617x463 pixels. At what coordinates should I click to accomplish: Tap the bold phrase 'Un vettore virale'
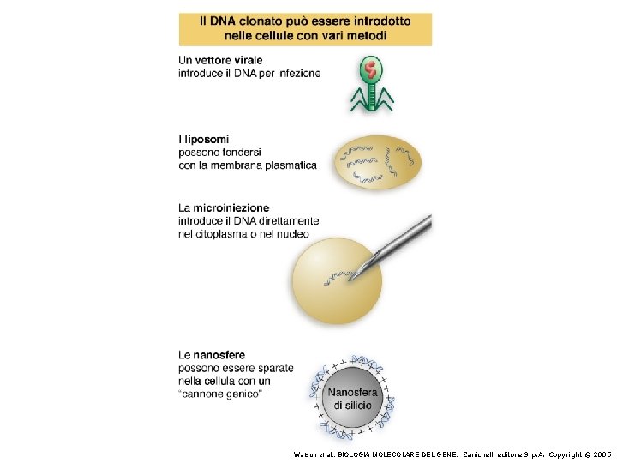click(220, 60)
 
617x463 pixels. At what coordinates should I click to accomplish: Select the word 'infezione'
click(297, 73)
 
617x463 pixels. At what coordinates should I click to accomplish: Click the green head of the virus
click(370, 69)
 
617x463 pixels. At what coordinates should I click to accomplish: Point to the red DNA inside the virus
click(370, 68)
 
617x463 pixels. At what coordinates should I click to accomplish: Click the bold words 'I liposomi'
click(203, 140)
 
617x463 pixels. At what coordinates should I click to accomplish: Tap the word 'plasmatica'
click(288, 165)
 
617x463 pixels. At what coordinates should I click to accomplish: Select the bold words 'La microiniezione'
click(224, 207)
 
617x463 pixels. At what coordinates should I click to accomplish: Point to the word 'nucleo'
click(291, 233)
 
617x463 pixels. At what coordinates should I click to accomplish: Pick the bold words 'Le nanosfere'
click(212, 355)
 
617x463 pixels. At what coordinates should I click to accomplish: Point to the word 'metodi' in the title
click(367, 35)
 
